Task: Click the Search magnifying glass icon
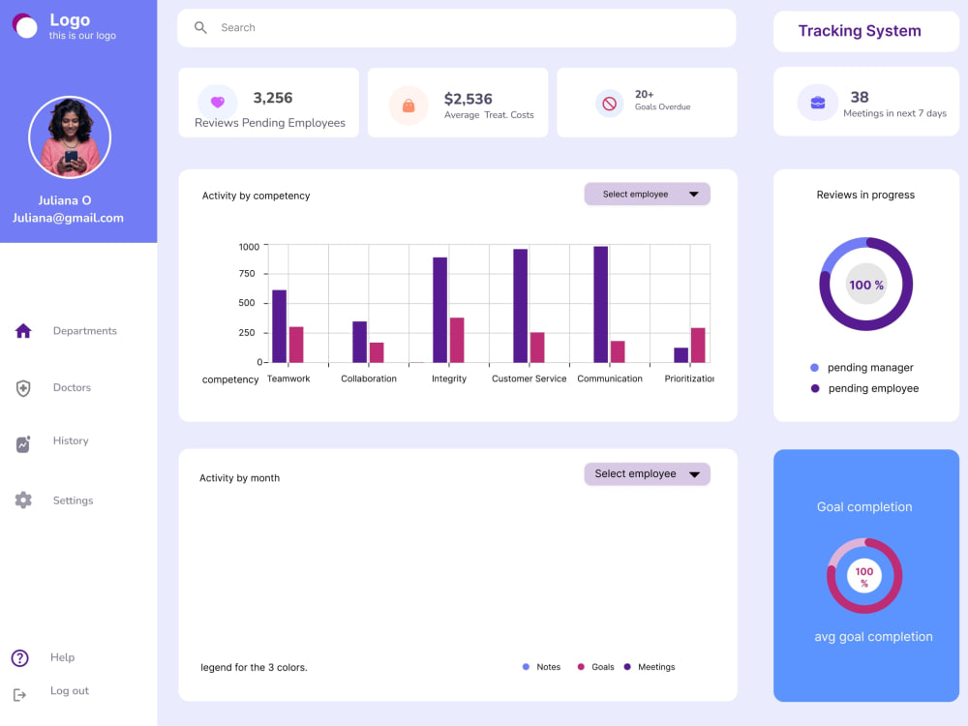pos(200,28)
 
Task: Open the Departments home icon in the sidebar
pos(23,331)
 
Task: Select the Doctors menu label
pos(72,388)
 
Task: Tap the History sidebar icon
pos(23,444)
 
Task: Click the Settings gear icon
pos(23,500)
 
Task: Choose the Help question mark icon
pos(19,658)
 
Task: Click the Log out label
pos(70,691)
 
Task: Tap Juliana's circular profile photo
pos(70,137)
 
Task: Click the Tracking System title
pos(860,31)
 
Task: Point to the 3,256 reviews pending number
pos(273,98)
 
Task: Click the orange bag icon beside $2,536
pos(408,106)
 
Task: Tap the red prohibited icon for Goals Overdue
pos(609,104)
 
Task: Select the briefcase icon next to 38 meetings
pos(818,103)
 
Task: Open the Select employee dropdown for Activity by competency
pos(647,195)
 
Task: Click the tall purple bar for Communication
pos(601,304)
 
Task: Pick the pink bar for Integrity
pos(457,340)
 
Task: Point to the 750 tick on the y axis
pos(247,274)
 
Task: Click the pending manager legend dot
pos(814,368)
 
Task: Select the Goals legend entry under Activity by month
pos(595,667)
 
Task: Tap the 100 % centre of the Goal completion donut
pos(864,577)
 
